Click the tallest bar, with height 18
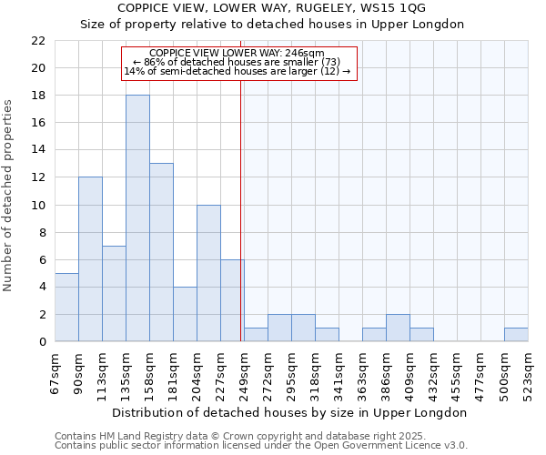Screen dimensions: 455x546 [x=137, y=218]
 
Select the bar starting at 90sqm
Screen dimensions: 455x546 [x=90, y=259]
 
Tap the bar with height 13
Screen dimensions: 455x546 [x=161, y=252]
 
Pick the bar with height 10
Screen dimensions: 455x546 [x=208, y=273]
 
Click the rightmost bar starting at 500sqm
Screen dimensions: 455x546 [x=516, y=334]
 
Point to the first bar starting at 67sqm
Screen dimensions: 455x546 [x=66, y=307]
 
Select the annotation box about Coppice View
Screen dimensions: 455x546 [x=238, y=63]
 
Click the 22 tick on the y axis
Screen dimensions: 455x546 [x=38, y=41]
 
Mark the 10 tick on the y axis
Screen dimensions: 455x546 [x=38, y=205]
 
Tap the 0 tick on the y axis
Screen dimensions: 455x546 [x=42, y=342]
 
